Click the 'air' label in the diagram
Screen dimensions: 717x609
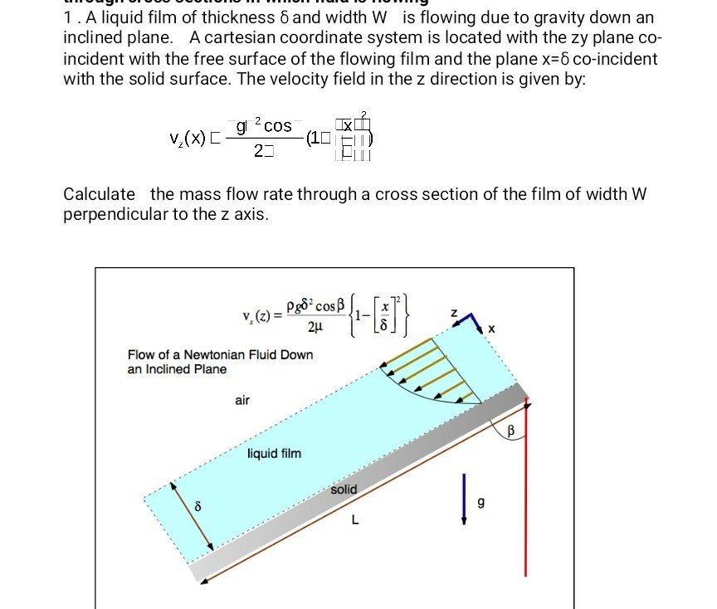(x=242, y=401)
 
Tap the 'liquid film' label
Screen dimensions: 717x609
(x=274, y=454)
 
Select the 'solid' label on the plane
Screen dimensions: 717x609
(x=344, y=490)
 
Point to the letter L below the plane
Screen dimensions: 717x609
(x=354, y=521)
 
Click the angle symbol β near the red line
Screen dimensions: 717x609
(x=511, y=431)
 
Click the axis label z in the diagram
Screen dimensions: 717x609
(x=452, y=313)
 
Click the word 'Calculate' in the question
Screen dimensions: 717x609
(x=100, y=194)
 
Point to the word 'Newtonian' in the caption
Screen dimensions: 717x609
(x=214, y=354)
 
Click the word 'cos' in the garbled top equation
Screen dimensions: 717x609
(x=276, y=125)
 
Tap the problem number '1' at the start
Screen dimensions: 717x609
(x=67, y=17)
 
